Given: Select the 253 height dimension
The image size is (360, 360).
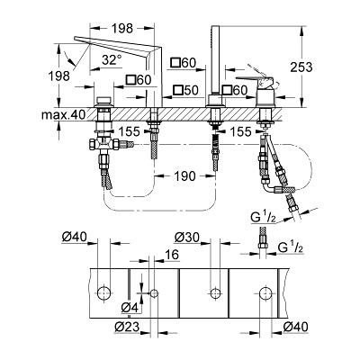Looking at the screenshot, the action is (301, 67).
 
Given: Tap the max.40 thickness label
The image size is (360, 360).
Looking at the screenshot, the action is (63, 114).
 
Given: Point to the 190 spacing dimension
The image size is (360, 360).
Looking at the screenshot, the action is (184, 176).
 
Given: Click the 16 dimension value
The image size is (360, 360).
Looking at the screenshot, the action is (172, 255).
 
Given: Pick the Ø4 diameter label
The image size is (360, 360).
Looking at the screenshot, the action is (130, 308).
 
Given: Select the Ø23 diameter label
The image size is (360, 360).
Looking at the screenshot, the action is (127, 327).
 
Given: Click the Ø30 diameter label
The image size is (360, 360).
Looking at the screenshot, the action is (187, 238).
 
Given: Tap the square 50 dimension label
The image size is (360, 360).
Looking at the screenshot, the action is (186, 90).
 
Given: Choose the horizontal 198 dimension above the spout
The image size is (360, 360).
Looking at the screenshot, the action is (122, 29).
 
